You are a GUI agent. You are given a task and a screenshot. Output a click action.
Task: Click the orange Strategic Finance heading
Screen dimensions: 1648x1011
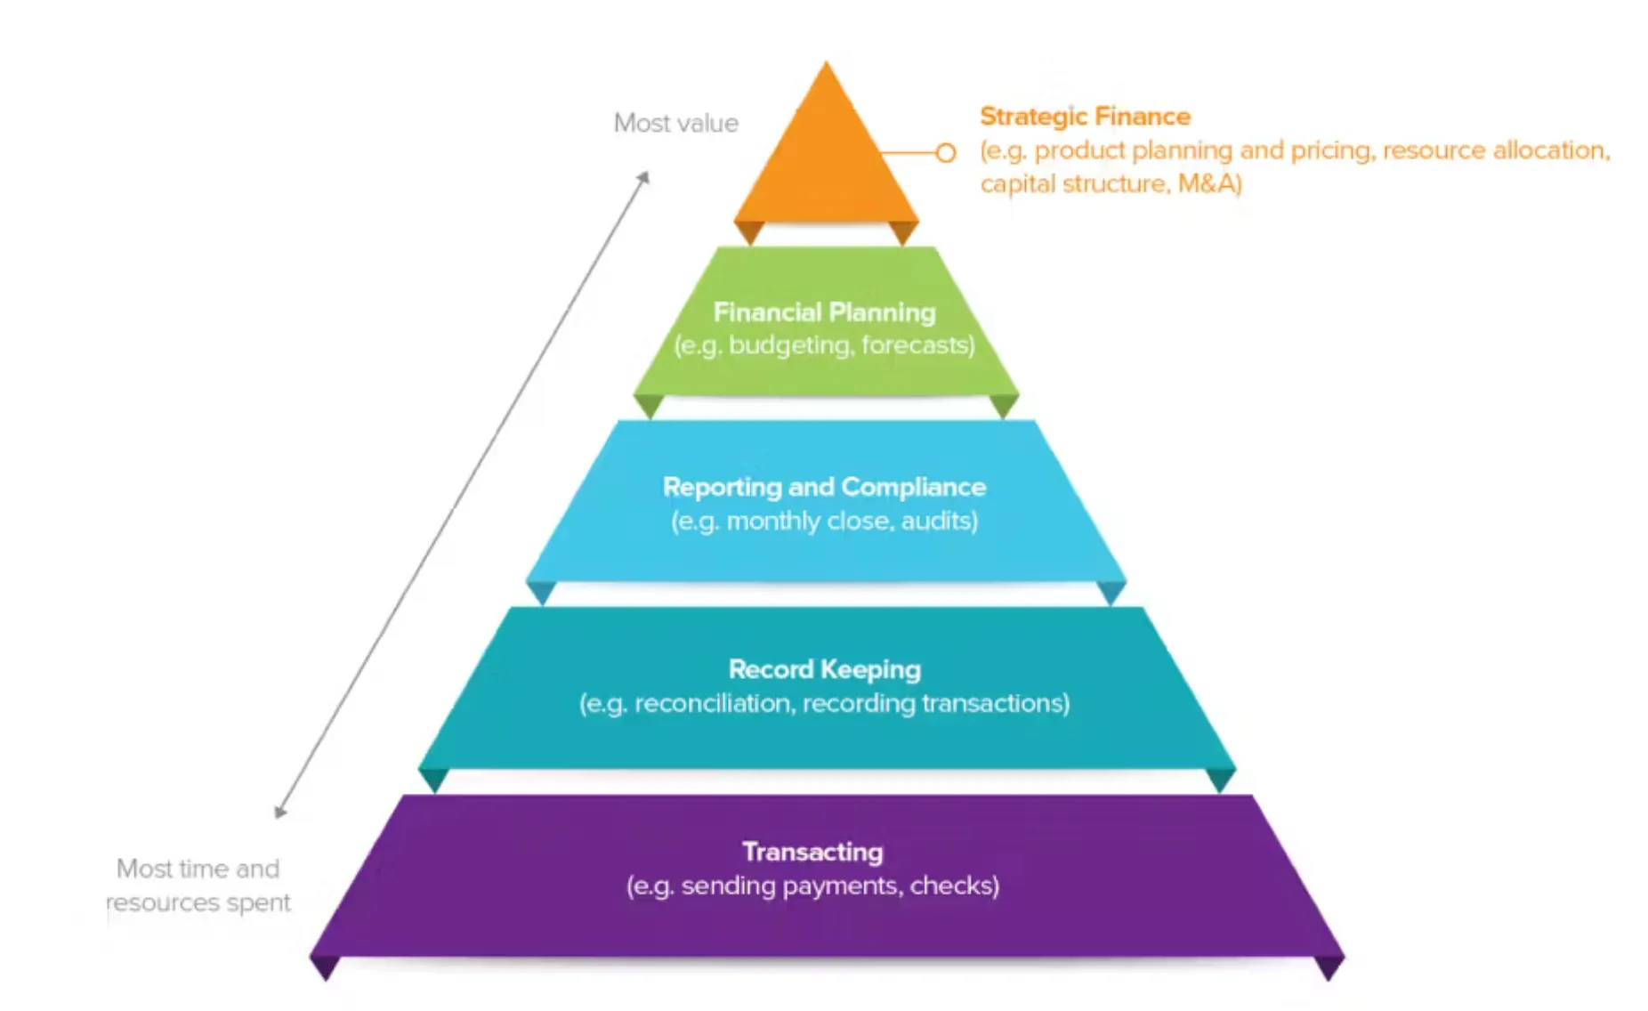[x=1085, y=117]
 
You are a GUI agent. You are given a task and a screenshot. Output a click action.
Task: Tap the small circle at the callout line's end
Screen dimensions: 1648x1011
[x=946, y=153]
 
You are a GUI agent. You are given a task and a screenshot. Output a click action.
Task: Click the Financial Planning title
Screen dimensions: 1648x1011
[x=824, y=312]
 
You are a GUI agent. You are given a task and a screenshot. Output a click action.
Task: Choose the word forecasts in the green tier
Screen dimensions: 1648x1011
[x=917, y=344]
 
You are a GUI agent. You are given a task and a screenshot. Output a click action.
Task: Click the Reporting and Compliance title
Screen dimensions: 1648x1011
[x=824, y=487]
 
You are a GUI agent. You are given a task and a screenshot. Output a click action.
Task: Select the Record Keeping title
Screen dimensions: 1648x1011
[x=824, y=669]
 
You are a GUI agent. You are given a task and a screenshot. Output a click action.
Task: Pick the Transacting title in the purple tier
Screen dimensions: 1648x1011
[x=812, y=852]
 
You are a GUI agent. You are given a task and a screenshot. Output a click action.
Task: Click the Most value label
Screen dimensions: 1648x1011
[x=676, y=123]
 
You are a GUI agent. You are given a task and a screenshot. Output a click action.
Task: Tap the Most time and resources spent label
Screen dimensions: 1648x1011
[x=198, y=886]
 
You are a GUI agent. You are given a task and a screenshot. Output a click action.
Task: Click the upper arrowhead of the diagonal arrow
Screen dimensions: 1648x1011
[x=644, y=177]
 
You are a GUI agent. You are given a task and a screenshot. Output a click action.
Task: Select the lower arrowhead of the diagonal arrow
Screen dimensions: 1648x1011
[x=279, y=812]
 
